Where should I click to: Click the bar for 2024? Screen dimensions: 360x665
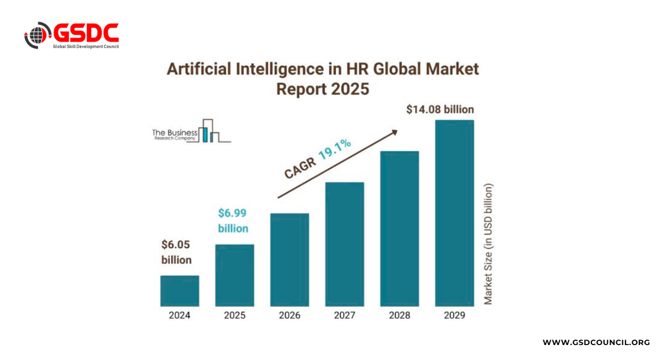(x=180, y=291)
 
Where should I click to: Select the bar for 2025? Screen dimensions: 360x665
(x=234, y=275)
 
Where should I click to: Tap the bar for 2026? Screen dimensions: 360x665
(x=289, y=260)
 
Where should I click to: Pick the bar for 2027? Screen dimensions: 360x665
(x=344, y=244)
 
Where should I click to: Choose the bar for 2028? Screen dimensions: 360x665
(x=399, y=229)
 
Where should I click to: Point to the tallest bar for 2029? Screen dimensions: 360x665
(x=454, y=213)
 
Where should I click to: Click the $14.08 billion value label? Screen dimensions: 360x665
(x=439, y=109)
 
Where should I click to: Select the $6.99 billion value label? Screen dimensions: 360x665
(x=233, y=220)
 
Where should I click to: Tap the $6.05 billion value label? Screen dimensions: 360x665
(x=176, y=251)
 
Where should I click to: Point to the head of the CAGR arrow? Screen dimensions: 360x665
(x=395, y=132)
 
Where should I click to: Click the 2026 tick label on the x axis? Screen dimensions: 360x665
(x=289, y=316)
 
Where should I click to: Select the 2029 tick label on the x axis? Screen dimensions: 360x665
(x=454, y=316)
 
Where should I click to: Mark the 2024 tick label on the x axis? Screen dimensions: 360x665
(x=180, y=316)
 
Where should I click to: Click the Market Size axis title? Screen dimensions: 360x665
(x=488, y=244)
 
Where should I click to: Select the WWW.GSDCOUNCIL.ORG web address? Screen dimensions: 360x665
(x=596, y=342)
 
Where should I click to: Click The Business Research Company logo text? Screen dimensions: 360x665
(x=175, y=135)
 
